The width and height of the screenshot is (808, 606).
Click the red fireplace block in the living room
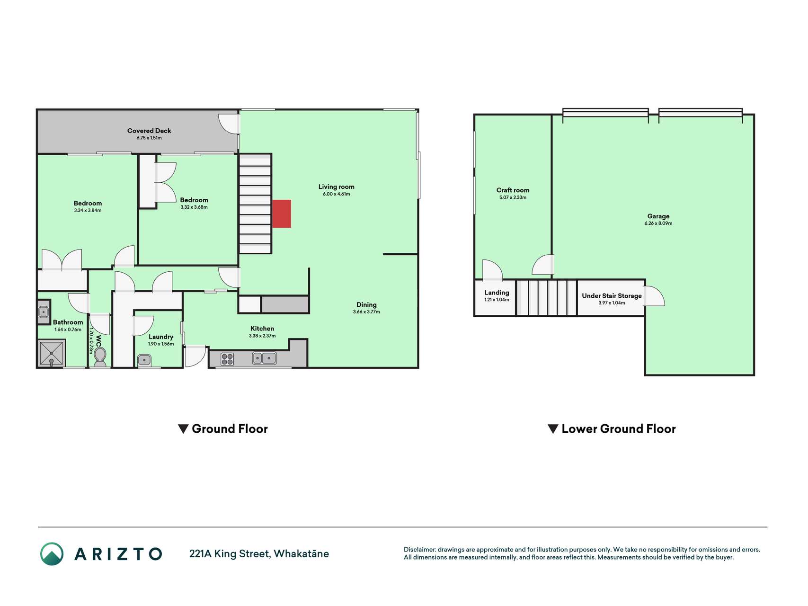click(x=281, y=214)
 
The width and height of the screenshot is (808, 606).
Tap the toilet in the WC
click(x=100, y=356)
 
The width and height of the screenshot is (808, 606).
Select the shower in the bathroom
click(x=52, y=353)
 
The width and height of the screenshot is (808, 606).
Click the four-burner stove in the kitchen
click(x=227, y=359)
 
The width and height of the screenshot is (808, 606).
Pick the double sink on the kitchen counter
click(x=264, y=358)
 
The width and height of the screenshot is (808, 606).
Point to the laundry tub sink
click(x=144, y=360)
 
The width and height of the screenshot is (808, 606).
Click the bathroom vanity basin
click(x=44, y=312)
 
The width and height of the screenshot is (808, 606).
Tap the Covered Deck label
click(x=149, y=131)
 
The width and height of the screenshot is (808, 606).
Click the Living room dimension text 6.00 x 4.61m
click(x=337, y=194)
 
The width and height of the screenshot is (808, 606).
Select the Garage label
click(x=658, y=216)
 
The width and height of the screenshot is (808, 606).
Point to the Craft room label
click(x=513, y=190)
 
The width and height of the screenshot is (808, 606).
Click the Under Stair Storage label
click(x=612, y=296)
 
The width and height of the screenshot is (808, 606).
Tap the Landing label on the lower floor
click(x=497, y=293)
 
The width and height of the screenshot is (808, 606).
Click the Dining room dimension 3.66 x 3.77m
click(x=366, y=312)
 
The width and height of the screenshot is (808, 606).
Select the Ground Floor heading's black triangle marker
click(x=183, y=429)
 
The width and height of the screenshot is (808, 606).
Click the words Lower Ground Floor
click(x=619, y=429)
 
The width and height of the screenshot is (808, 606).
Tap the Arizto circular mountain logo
click(x=52, y=554)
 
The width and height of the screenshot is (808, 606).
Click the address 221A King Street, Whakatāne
click(x=259, y=554)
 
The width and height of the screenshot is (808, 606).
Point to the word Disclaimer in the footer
click(x=420, y=550)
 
